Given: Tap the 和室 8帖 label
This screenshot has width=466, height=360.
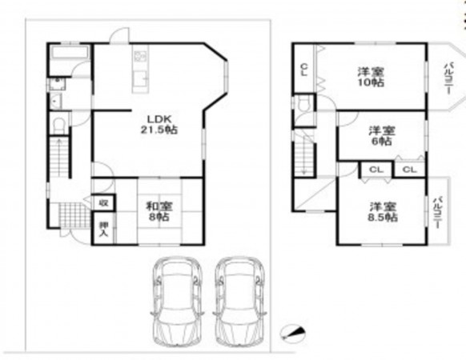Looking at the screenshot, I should (x=157, y=210).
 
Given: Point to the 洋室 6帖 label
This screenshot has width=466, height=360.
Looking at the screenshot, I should (x=381, y=135).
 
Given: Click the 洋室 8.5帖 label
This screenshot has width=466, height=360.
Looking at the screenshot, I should (x=381, y=210).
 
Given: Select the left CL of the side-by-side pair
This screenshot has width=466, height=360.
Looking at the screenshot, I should (x=376, y=170).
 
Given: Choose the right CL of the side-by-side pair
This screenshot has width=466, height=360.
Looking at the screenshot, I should (x=408, y=170).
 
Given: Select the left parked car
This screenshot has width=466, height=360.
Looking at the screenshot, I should (x=177, y=300).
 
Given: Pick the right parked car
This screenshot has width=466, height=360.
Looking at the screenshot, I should (x=239, y=300).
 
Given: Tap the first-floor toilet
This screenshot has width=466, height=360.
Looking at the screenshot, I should (x=58, y=126).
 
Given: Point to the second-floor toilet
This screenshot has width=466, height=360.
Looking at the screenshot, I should (x=303, y=106).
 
